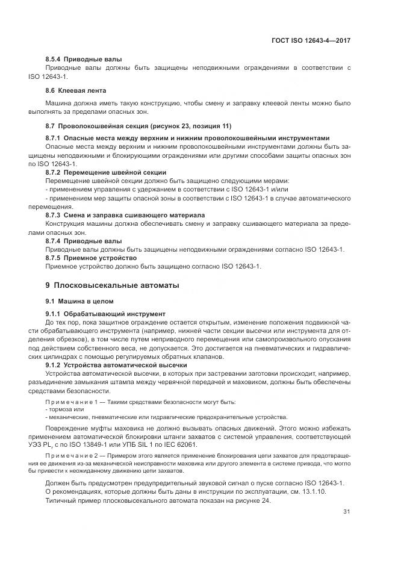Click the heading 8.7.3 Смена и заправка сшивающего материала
pos(125,215)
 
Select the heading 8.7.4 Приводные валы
pos(83,241)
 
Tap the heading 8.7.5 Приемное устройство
pos(92,258)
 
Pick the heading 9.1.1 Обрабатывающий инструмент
pos(105,314)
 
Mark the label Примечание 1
pos(70,402)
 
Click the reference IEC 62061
pos(180,444)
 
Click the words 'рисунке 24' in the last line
pos(251,501)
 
